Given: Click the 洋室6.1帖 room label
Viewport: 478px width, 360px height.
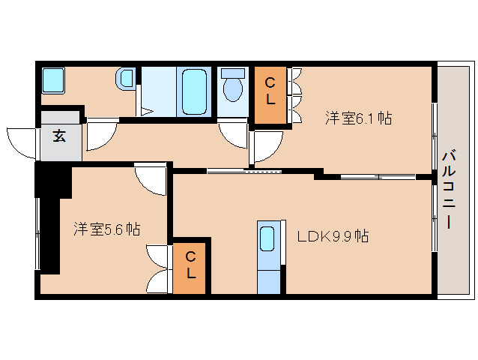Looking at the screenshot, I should click(359, 118).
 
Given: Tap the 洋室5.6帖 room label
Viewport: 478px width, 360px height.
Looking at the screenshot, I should click(106, 229).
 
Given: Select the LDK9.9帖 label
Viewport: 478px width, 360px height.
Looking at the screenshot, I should click(332, 236).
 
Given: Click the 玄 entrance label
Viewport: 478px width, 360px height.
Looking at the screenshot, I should click(59, 136).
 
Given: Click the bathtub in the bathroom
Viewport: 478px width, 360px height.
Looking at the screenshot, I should click(194, 91).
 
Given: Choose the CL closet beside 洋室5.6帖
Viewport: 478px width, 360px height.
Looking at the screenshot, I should click(190, 266).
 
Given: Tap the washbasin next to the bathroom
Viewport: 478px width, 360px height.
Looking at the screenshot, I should click(126, 77).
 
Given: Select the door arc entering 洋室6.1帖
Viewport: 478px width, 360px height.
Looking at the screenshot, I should click(267, 145).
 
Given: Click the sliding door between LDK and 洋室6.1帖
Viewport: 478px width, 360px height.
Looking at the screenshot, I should click(244, 172).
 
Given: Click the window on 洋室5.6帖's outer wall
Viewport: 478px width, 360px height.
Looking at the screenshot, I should click(37, 232).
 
